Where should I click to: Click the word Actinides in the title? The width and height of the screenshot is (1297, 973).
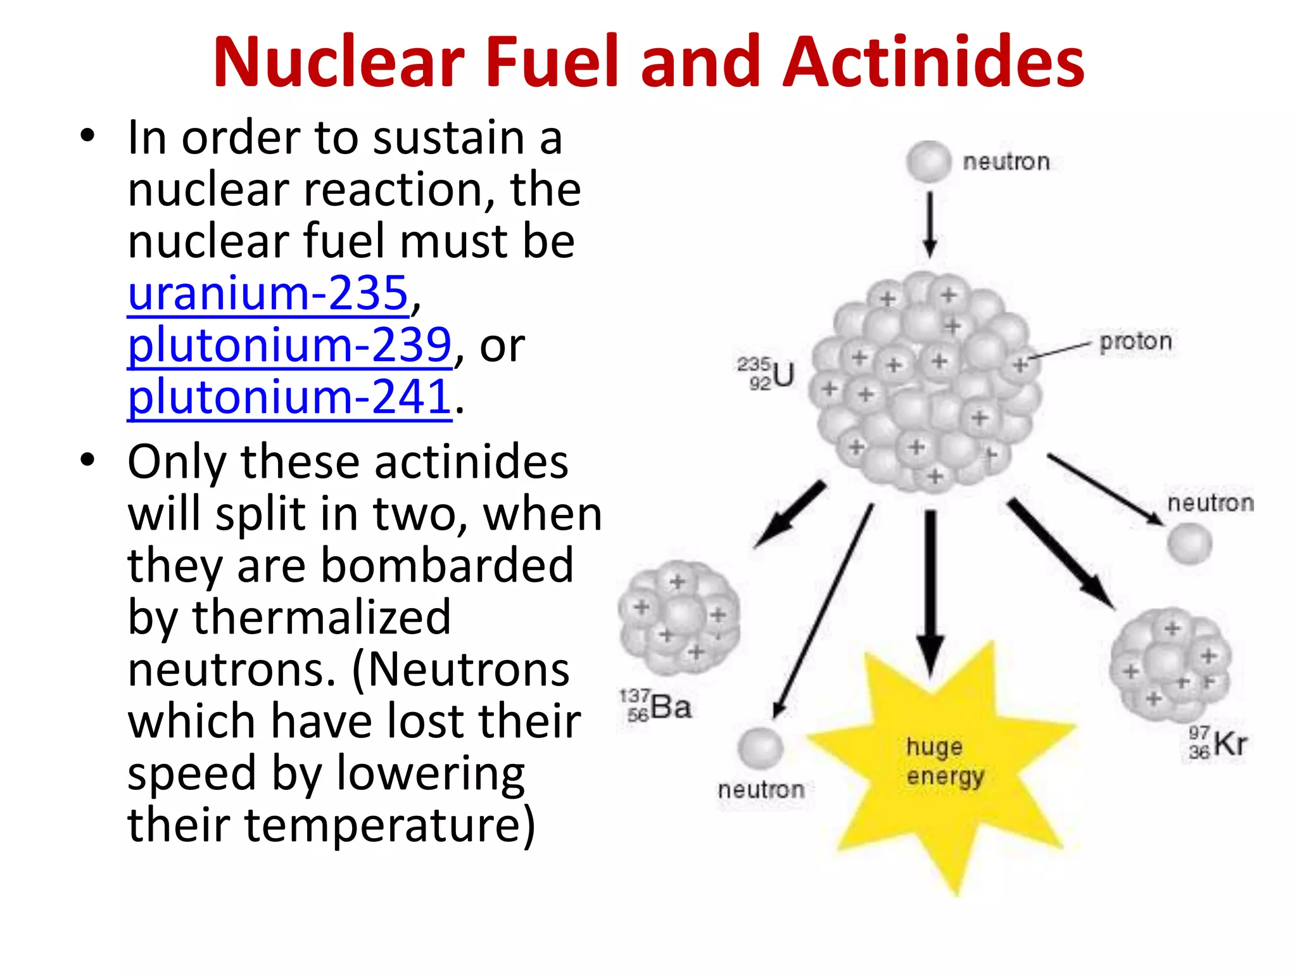coord(933,62)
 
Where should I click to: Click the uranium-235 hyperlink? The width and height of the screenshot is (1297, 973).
coord(268,294)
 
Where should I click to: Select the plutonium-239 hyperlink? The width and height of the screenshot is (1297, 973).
coord(289,346)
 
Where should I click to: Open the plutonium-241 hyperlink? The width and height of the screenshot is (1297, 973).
coord(289,398)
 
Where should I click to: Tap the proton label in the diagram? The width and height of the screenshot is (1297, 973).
coord(1136,341)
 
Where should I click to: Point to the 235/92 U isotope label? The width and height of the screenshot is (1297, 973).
coord(766,374)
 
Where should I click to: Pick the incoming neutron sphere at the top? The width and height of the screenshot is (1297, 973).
coord(928,162)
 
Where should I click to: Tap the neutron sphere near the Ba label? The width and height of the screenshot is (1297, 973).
coord(760,748)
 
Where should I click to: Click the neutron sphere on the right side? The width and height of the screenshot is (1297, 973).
coord(1189,544)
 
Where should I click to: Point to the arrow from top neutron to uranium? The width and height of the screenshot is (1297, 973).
coord(930,224)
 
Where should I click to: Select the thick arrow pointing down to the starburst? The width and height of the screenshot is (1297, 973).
coord(930,589)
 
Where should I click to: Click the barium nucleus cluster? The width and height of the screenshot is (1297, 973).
coord(679,618)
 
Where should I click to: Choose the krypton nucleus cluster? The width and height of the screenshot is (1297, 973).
coord(1170,665)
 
